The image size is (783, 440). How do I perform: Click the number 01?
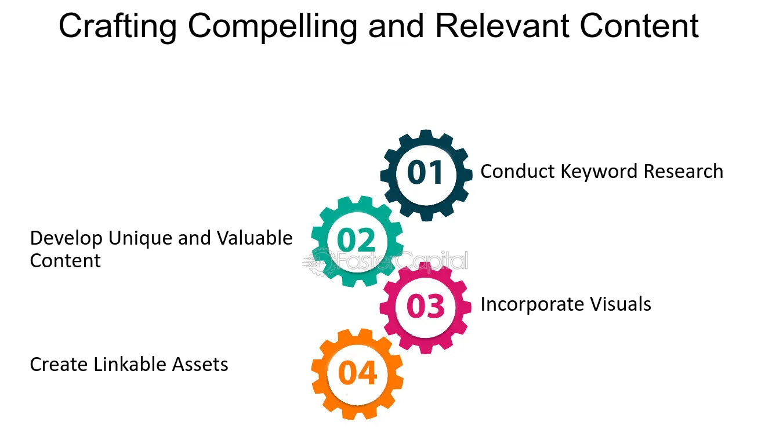(x=426, y=173)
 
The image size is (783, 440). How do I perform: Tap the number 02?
(x=356, y=240)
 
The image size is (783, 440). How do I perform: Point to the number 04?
(x=357, y=373)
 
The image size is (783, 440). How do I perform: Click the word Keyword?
(x=592, y=172)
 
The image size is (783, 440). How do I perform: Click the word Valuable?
(x=255, y=238)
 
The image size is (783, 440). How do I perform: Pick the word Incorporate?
(x=531, y=304)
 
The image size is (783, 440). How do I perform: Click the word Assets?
(x=200, y=365)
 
